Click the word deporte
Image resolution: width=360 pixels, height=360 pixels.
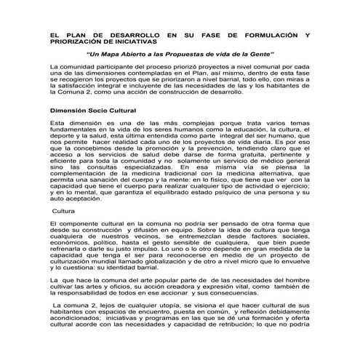click(63, 135)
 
